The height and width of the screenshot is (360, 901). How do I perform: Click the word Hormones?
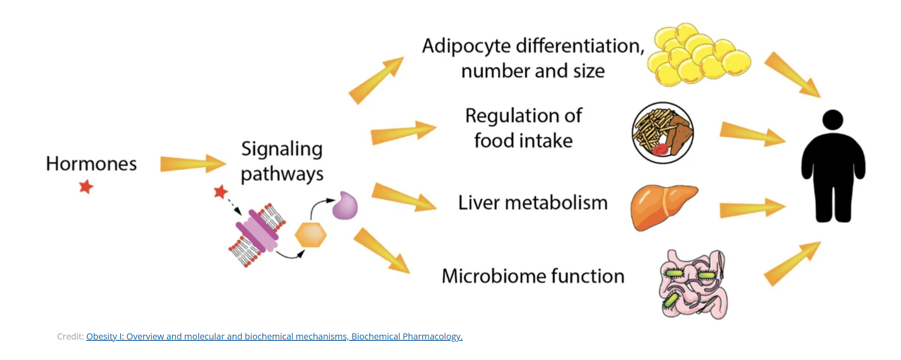pos(91,164)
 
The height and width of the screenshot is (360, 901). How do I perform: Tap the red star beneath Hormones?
pos(86,187)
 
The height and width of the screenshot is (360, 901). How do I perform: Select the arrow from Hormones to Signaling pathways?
pos(193,163)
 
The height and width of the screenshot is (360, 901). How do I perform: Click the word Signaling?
pos(282,149)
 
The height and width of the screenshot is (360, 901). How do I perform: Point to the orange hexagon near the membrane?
pos(311,235)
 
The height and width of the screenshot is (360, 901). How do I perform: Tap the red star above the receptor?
pos(221,191)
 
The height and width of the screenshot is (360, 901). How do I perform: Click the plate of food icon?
pos(663,133)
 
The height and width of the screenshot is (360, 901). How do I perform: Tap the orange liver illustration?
pos(663,207)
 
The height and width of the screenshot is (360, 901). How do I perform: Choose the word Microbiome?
pos(493,276)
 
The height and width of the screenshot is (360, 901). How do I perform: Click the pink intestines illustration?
pos(693,284)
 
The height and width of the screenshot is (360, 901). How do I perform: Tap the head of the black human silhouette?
pos(833,120)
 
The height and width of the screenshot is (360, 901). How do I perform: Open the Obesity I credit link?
pos(274,336)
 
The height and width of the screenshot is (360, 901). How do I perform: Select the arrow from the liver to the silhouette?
pos(752,208)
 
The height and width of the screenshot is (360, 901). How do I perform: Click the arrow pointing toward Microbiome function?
pos(382,251)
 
